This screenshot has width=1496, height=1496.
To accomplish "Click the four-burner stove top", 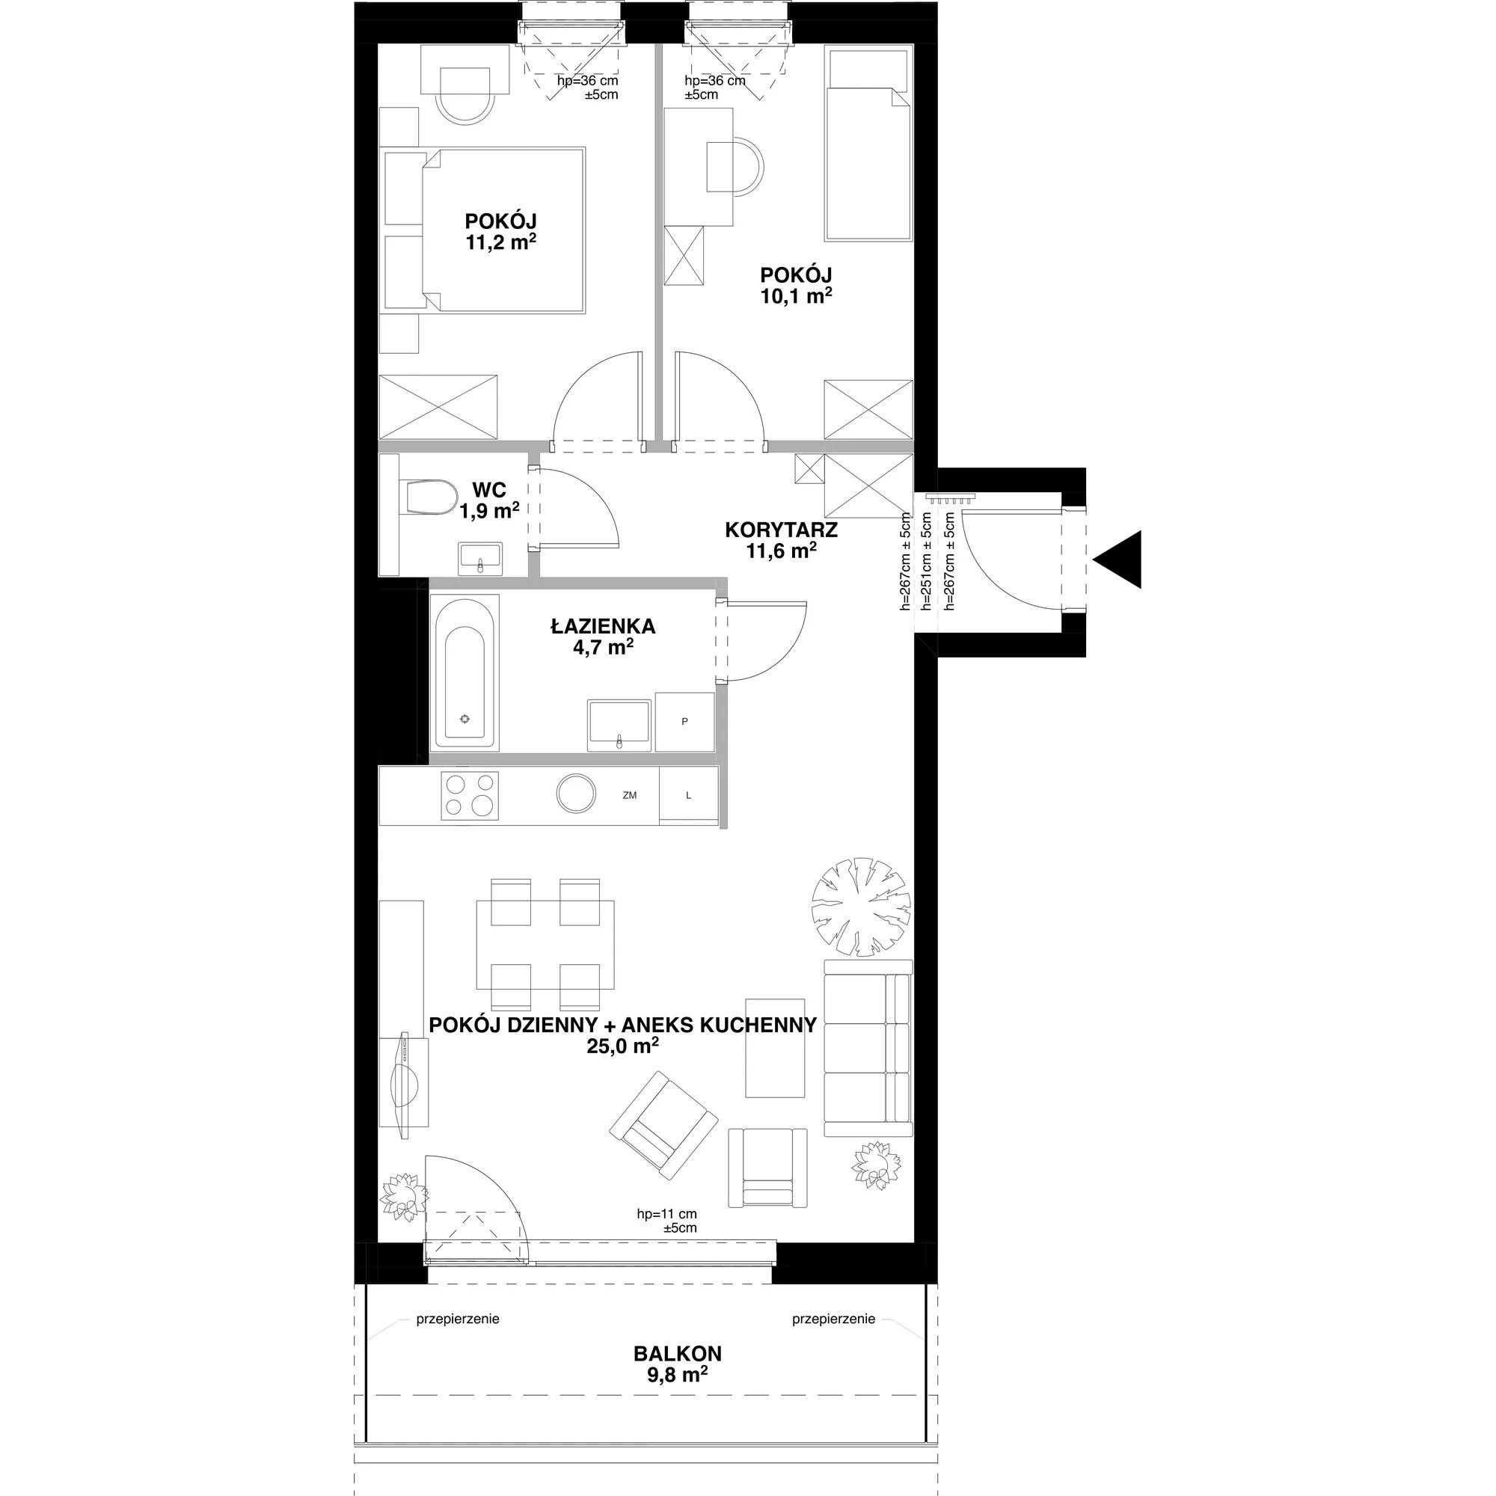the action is [x=469, y=795].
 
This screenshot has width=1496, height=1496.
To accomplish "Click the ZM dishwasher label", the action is [x=629, y=795].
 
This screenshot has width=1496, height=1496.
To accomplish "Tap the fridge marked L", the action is [x=688, y=794].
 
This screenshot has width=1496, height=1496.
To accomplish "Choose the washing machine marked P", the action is [x=684, y=722].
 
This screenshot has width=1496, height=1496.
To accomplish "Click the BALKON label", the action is [x=678, y=1354].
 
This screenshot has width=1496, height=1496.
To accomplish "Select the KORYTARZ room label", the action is [x=782, y=530].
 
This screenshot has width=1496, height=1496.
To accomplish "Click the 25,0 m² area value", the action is [x=623, y=1047].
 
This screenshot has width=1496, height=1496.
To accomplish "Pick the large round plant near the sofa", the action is [x=861, y=906].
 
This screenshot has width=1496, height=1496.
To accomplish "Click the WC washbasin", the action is [x=480, y=558].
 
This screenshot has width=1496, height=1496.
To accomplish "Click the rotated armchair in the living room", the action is [x=663, y=1125].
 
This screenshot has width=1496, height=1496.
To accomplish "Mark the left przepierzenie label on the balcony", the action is [x=458, y=1319].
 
